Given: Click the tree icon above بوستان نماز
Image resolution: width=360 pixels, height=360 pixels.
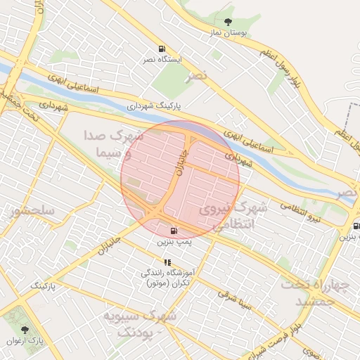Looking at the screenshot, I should click(227, 22).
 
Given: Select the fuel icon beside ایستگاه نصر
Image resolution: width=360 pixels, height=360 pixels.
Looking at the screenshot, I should click(163, 49).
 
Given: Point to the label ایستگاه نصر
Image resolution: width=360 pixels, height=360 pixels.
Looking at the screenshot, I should click(163, 60).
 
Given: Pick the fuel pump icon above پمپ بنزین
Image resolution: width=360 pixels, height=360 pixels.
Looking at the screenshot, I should click(174, 231).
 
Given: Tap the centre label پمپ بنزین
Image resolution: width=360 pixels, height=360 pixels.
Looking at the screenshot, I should click(174, 241).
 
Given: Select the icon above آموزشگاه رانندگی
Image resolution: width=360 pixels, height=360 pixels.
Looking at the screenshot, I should click(167, 262).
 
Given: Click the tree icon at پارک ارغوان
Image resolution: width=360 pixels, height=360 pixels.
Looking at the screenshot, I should click(25, 329).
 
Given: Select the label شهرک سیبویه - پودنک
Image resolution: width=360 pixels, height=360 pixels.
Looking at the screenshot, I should click(139, 323).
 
